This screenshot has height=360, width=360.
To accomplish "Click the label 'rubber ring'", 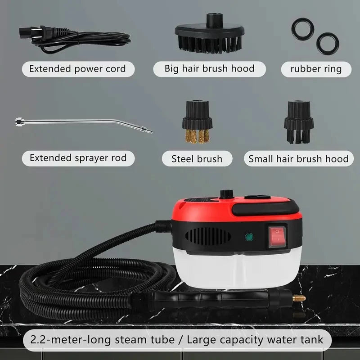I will pos(316,69).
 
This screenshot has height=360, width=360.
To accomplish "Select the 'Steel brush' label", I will pos(197,158).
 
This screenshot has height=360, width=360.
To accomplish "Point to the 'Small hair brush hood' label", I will pos(298,158).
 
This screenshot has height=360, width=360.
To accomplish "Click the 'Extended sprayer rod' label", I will pos(78,158).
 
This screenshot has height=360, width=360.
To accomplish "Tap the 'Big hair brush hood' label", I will pos(209,69).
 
